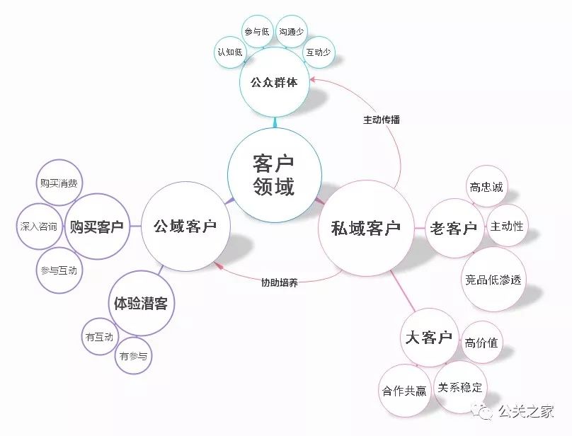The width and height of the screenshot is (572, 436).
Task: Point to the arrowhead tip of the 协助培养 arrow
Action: tap(213, 263)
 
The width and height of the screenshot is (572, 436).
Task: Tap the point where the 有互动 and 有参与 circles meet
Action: tap(118, 345)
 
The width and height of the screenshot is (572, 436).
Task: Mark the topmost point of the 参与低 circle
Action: tap(258, 16)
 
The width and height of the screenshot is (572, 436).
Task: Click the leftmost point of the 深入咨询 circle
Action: tap(16, 226)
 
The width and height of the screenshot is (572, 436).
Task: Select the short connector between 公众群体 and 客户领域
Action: tap(275, 122)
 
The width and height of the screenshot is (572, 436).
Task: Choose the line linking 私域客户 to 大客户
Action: tap(403, 291)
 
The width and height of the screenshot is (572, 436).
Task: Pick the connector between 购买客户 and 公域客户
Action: tap(135, 226)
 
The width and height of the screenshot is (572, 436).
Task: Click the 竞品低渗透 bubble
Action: tap(493, 280)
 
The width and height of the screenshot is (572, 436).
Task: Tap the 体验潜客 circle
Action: tap(142, 303)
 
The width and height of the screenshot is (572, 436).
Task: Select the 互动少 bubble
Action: tap(318, 52)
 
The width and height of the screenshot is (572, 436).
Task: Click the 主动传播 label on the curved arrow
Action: tap(382, 120)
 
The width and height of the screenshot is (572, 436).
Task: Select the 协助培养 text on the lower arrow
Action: tap(280, 282)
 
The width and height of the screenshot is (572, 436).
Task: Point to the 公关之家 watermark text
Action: tap(526, 411)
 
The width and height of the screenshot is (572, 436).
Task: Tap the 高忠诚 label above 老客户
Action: tap(486, 187)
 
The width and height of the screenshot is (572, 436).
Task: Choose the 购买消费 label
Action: tap(59, 183)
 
